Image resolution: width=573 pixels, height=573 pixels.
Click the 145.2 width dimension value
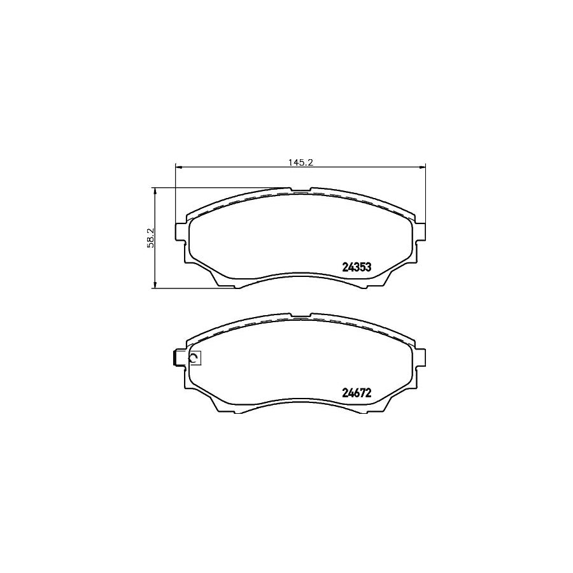click(300, 162)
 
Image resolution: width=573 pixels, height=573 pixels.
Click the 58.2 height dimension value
click(150, 237)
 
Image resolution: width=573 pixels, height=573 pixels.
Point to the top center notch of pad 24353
click(300, 190)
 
